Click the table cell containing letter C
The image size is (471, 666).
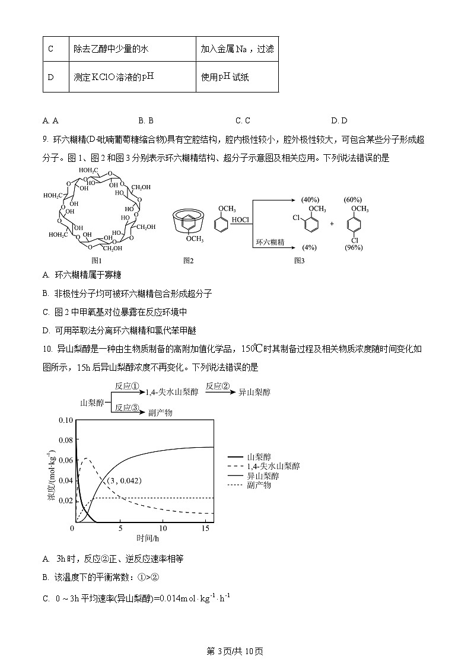click(50, 49)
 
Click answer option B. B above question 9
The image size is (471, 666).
click(146, 120)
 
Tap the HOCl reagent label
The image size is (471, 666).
click(240, 220)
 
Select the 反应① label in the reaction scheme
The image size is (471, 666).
click(127, 386)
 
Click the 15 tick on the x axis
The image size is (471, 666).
click(203, 528)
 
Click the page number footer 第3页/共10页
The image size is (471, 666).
click(234, 651)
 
